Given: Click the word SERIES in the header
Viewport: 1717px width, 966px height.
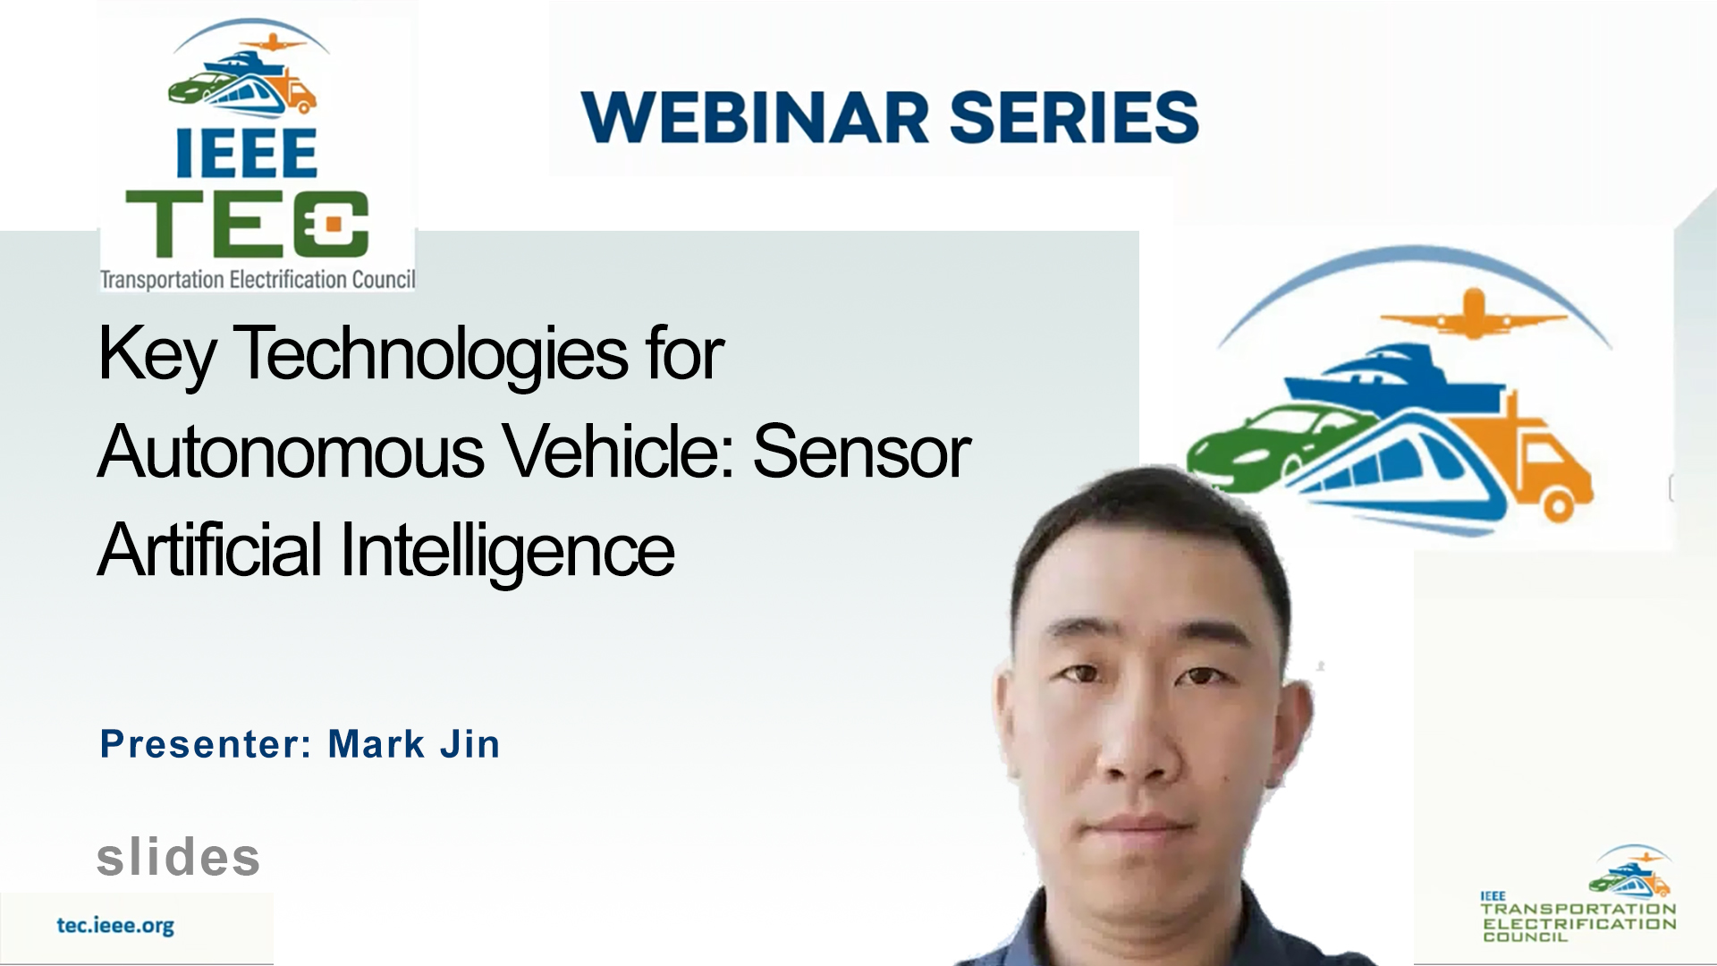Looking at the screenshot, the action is pos(1074,117).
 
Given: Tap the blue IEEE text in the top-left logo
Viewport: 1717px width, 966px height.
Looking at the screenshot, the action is pos(246,153).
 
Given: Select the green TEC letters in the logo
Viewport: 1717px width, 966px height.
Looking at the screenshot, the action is pos(247,224).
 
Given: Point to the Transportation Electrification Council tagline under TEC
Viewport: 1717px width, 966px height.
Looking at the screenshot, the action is pos(258,280).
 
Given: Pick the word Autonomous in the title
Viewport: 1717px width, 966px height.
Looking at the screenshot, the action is pos(292,452).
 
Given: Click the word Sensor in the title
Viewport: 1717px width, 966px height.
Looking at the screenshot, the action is pos(862,452).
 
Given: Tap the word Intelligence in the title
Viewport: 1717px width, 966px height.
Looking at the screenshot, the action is pos(507,552).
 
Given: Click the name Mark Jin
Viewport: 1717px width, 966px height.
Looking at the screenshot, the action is pos(414,744).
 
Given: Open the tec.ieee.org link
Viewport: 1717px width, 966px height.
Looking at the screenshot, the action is pos(115,926).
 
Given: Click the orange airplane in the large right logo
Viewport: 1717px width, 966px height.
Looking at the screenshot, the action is pos(1473,314).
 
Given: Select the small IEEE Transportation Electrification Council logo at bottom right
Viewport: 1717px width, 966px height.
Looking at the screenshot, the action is pos(1578,894).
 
